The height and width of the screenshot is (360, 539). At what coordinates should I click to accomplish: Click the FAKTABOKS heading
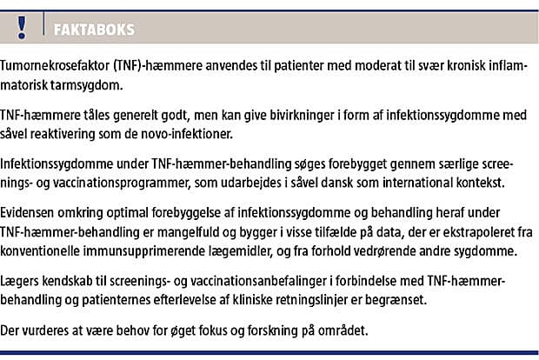click(94, 29)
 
